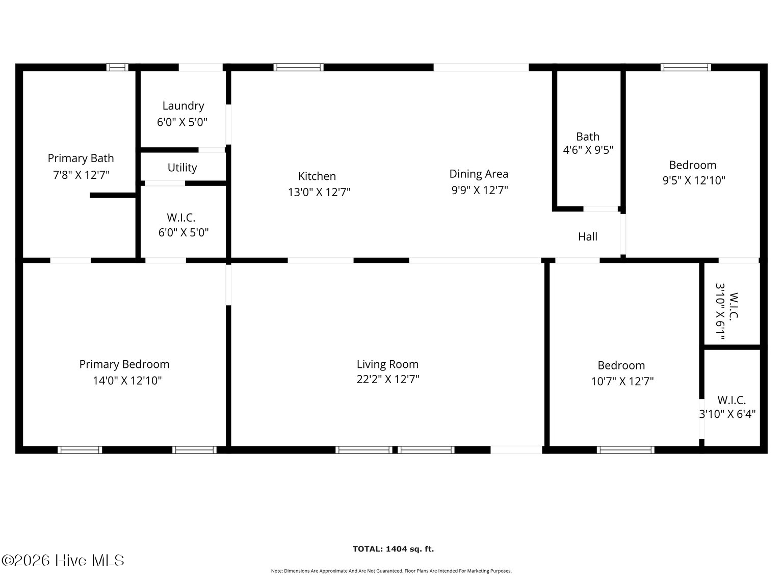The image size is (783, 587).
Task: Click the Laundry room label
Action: (183, 106)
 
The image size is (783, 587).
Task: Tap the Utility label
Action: (182, 168)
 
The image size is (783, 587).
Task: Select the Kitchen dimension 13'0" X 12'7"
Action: (319, 193)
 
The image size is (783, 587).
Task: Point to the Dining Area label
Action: (478, 174)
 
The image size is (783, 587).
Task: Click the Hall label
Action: (587, 236)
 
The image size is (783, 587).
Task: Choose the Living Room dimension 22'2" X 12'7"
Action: (388, 379)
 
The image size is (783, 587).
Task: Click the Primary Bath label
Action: (81, 158)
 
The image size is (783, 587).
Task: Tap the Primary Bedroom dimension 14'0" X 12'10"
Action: (127, 381)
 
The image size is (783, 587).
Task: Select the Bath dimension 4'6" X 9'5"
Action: (588, 150)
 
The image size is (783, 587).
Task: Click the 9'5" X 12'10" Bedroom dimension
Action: (693, 180)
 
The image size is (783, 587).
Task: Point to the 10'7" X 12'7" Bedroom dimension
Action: (622, 381)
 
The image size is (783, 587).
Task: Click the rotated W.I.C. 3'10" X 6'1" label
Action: (726, 311)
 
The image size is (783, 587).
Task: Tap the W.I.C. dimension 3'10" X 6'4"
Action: (727, 414)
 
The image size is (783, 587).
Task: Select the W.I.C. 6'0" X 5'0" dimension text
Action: (184, 232)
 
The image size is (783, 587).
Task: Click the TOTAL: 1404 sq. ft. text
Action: (393, 549)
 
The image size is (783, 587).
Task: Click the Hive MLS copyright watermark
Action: (63, 561)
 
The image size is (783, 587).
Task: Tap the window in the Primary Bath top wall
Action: (117, 67)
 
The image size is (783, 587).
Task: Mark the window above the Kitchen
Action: (299, 67)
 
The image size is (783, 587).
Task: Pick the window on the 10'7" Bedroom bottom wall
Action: (625, 450)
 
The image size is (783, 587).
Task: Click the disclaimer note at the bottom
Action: (391, 571)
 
